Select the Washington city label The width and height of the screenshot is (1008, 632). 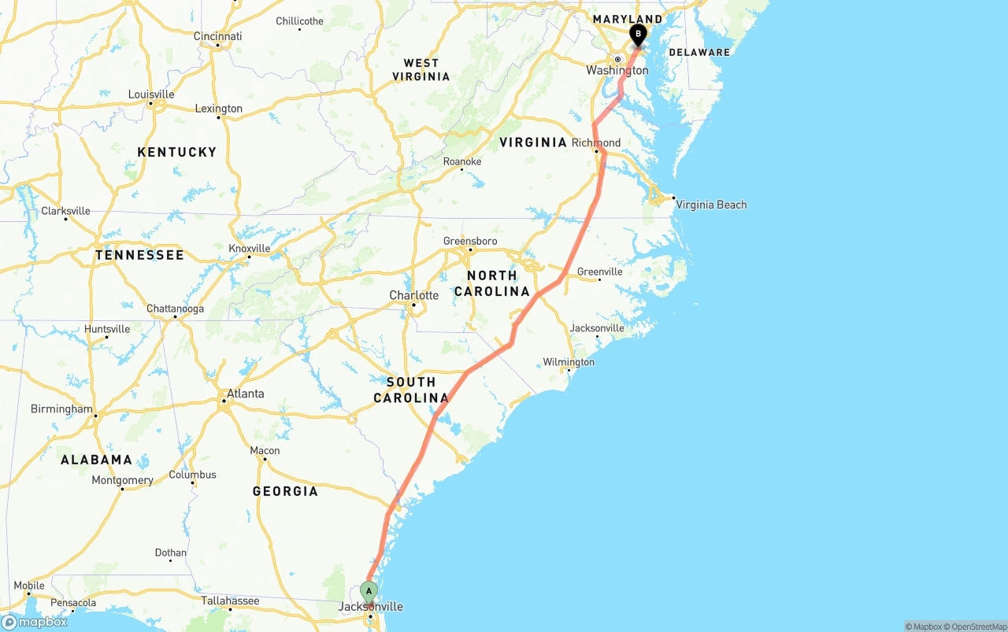click(x=617, y=70)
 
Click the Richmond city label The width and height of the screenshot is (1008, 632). click(x=596, y=142)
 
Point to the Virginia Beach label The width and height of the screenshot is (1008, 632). click(x=711, y=205)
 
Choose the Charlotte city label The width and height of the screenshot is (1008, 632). click(x=414, y=295)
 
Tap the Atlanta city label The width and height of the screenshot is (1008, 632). click(x=245, y=394)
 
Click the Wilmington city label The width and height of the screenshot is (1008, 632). click(x=569, y=362)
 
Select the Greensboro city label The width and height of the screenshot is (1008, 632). click(x=470, y=241)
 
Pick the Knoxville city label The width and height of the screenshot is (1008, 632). click(x=250, y=248)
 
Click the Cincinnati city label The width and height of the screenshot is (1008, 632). click(x=218, y=36)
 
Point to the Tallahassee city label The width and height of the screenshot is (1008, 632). click(x=230, y=601)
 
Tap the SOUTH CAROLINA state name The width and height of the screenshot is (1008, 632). click(x=411, y=390)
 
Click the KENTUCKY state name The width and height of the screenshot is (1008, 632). click(x=176, y=152)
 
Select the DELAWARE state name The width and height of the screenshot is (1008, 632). click(x=699, y=52)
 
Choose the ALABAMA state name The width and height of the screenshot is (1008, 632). click(x=96, y=460)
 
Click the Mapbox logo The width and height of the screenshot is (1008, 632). click(x=35, y=622)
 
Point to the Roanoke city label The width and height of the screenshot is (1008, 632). click(x=462, y=161)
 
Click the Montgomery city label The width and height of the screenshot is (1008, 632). click(x=122, y=480)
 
